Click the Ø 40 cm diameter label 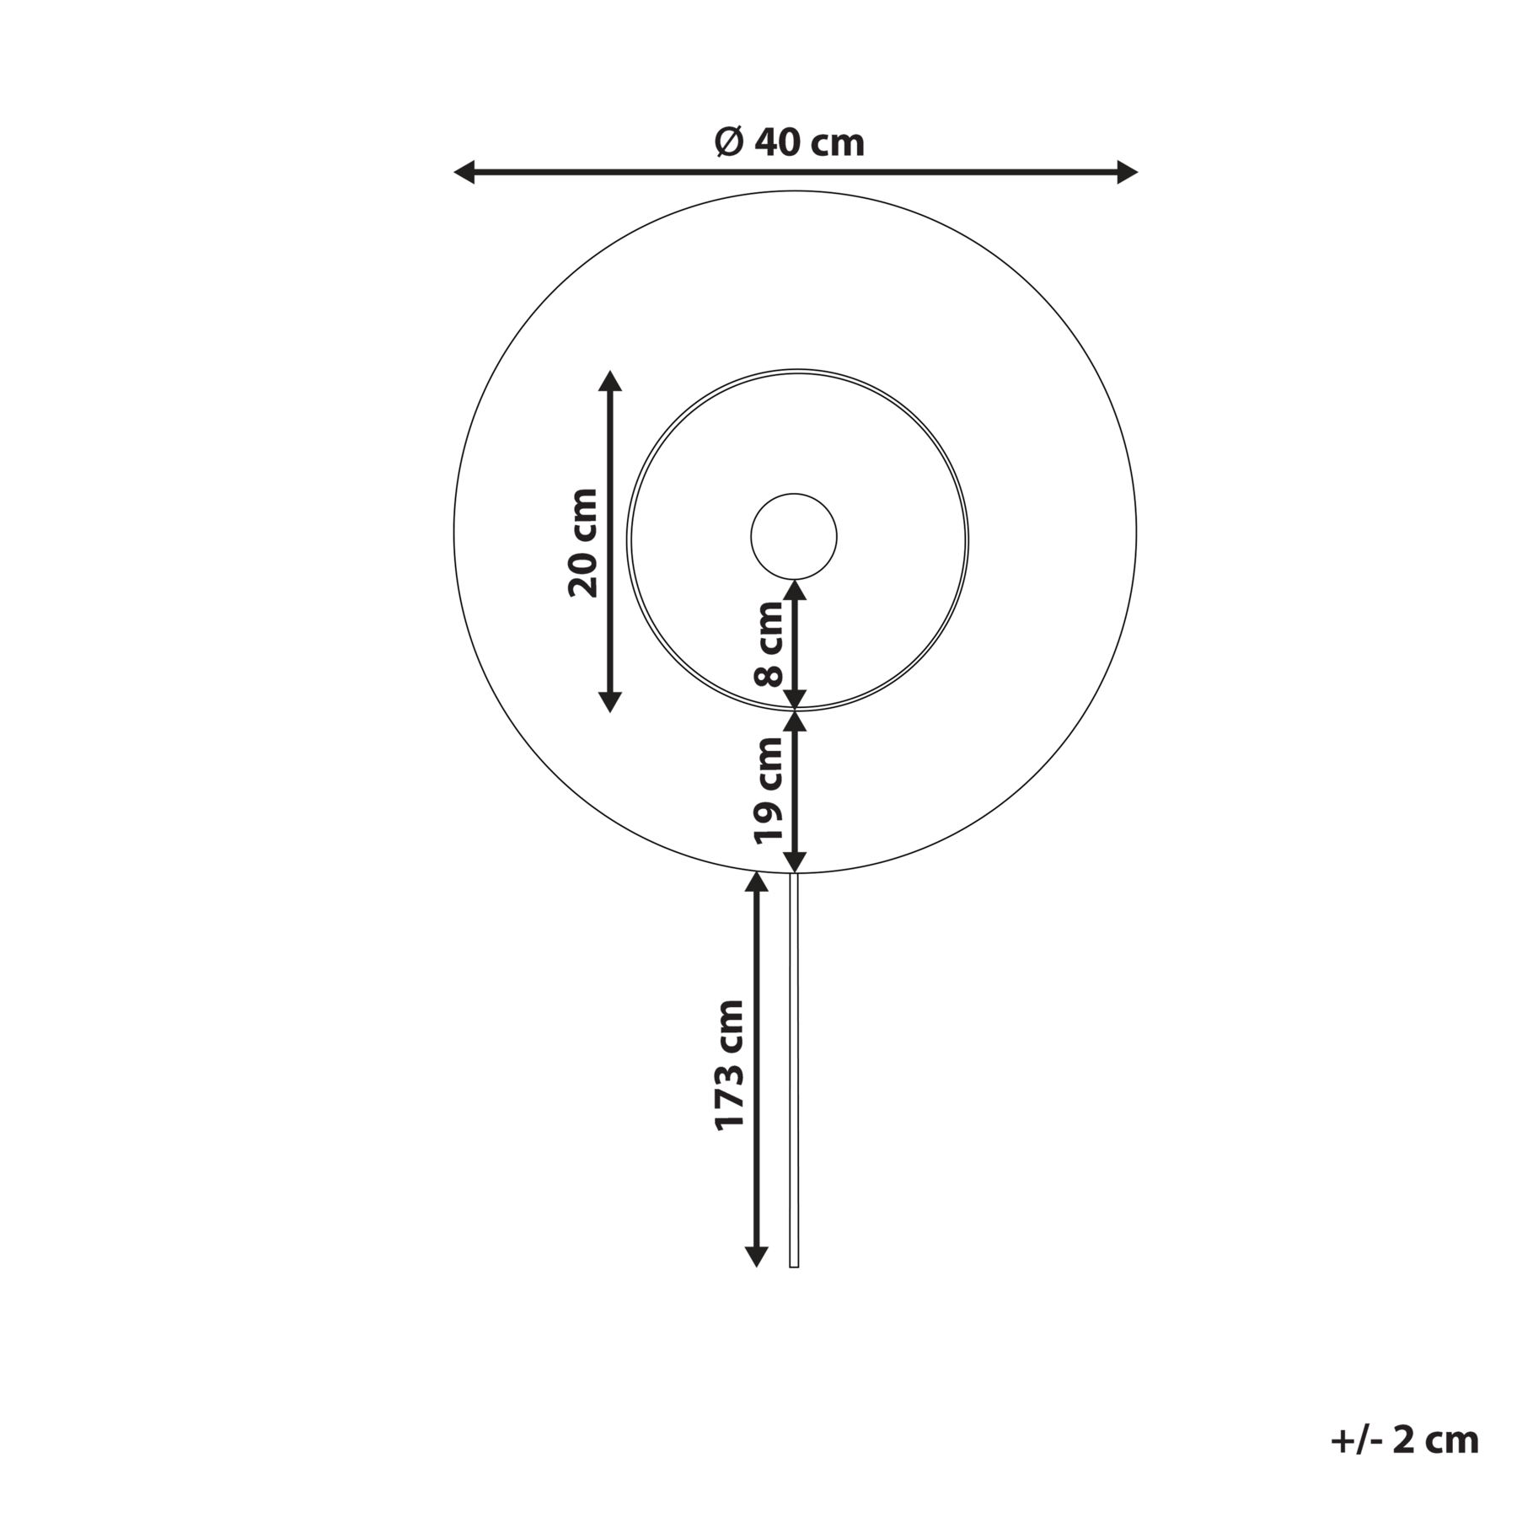coord(790,142)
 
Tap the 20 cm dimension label coord(583,543)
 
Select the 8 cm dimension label coord(769,645)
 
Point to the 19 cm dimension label coord(769,790)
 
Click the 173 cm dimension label coord(730,1065)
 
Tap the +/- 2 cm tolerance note coord(1405,1440)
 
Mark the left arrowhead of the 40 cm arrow coord(464,172)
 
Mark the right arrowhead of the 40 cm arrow coord(1127,172)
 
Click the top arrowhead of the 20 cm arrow coord(609,380)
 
